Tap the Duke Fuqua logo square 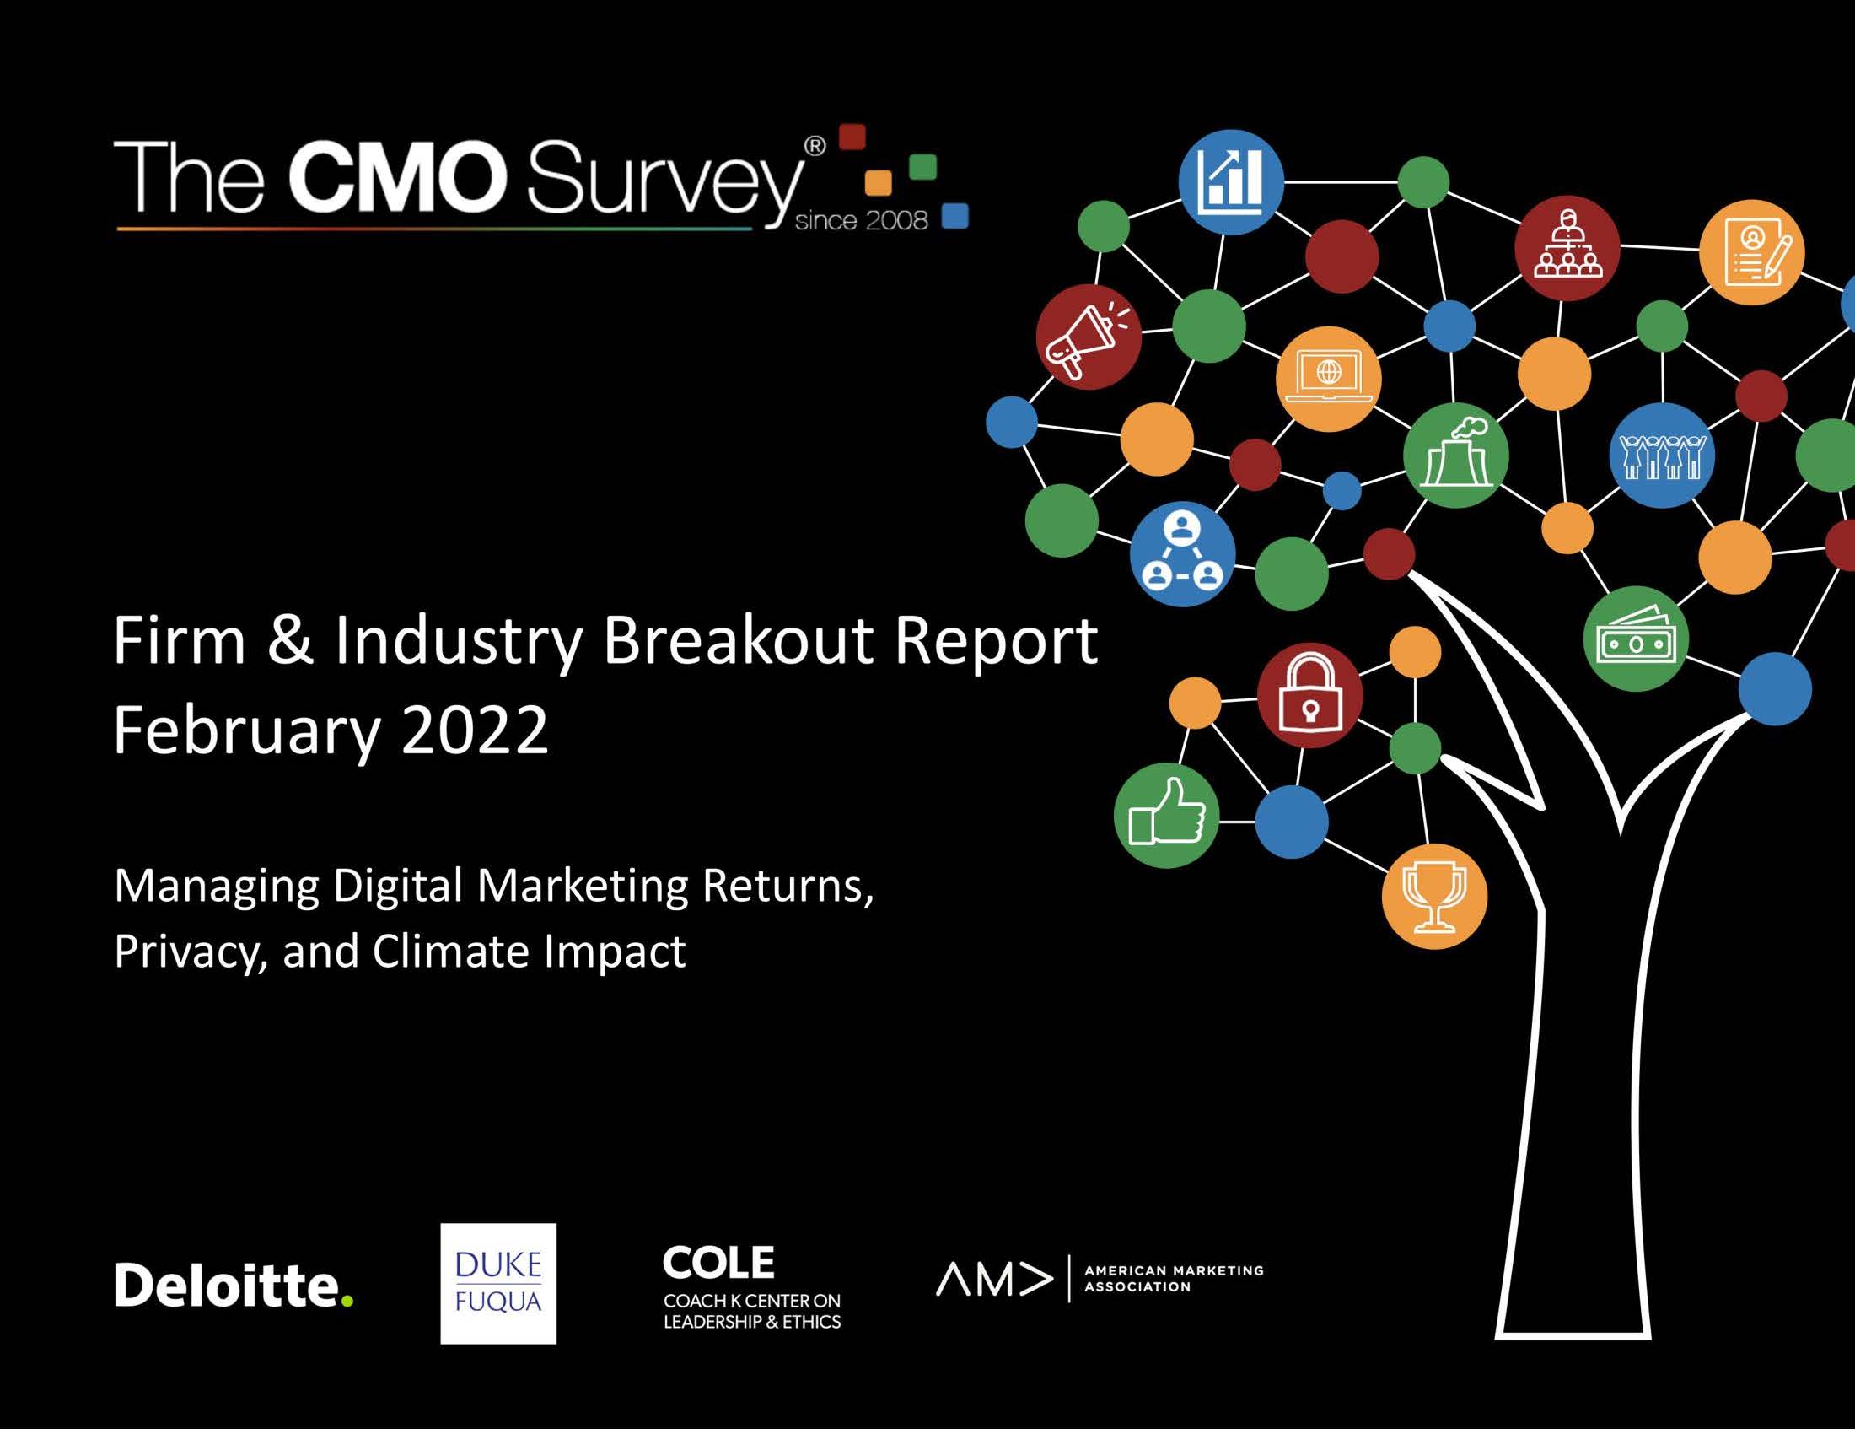click(x=497, y=1283)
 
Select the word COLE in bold click(x=718, y=1263)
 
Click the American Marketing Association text click(x=1174, y=1279)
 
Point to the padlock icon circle click(x=1309, y=695)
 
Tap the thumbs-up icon click(x=1166, y=815)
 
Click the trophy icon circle click(x=1433, y=896)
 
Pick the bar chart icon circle click(x=1231, y=182)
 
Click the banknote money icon click(x=1636, y=639)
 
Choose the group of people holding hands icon click(x=1661, y=456)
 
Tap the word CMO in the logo click(x=397, y=177)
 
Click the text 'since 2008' click(x=861, y=221)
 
